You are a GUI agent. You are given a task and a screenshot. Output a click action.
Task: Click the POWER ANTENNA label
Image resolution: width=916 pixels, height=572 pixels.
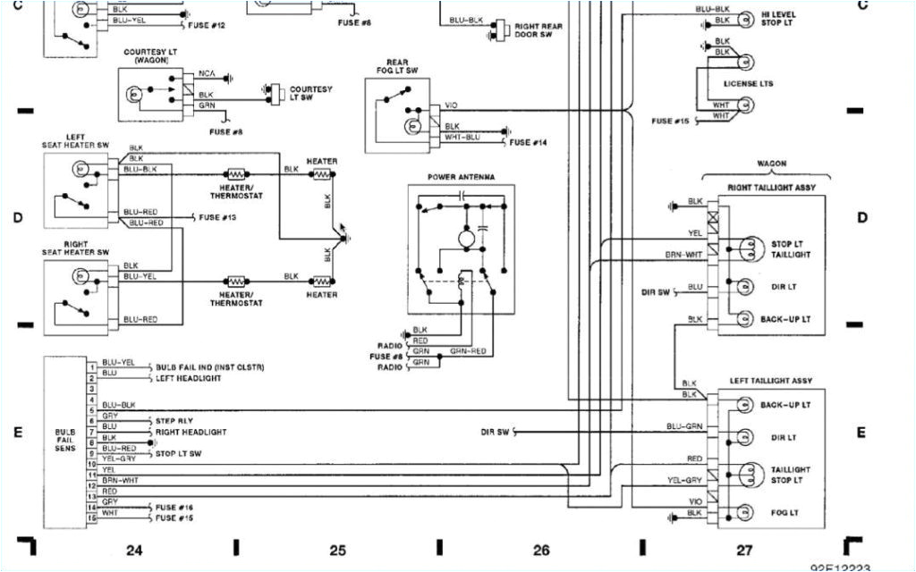[461, 177]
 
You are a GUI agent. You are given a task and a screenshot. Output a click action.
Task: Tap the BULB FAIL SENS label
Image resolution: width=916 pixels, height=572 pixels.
[65, 439]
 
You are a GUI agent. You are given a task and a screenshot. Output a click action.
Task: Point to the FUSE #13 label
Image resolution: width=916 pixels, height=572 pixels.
[217, 218]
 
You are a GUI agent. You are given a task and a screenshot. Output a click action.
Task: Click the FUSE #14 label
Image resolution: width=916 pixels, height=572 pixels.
[528, 143]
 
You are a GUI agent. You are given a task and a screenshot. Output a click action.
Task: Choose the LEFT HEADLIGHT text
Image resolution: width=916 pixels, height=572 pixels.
[191, 378]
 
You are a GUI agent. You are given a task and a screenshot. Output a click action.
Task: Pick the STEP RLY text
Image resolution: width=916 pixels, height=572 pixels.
[175, 420]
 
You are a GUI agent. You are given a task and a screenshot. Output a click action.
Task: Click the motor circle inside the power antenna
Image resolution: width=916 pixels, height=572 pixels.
[465, 239]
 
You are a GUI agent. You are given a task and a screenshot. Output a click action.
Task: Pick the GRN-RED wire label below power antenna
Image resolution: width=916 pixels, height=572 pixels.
[468, 351]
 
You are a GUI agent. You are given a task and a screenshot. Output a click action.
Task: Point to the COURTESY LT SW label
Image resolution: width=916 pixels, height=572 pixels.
[310, 94]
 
